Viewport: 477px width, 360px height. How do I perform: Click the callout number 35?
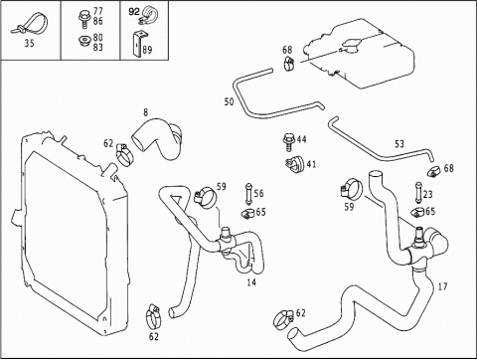pos(29,43)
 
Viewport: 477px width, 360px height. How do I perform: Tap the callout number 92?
pos(134,12)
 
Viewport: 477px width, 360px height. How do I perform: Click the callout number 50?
pos(229,101)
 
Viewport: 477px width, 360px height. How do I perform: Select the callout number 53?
pos(399,144)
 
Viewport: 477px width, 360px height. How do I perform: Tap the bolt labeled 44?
pos(288,142)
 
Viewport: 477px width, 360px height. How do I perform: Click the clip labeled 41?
pos(294,164)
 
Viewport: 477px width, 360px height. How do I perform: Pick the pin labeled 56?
pos(248,194)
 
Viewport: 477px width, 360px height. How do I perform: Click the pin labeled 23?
pos(418,192)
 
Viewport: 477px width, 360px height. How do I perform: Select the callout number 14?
pos(251,282)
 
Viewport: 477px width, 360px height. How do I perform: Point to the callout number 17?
pos(442,286)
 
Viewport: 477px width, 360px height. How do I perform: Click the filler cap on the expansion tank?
pos(351,47)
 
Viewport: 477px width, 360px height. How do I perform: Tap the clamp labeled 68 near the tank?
pos(289,63)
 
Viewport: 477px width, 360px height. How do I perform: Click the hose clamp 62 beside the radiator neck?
pos(124,154)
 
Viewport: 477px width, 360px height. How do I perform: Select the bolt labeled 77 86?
pos(84,18)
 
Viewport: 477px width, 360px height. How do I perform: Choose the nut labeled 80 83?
pos(84,41)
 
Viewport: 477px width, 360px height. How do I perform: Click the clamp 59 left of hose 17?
pos(351,190)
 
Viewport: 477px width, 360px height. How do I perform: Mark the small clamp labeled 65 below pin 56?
pos(247,214)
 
